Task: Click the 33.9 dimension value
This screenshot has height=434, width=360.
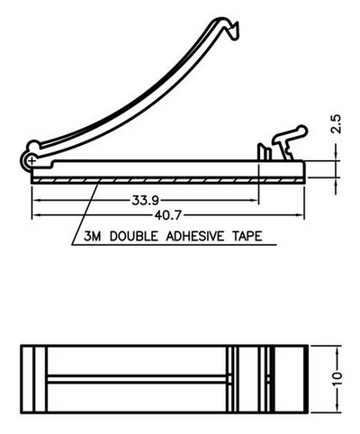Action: [x=146, y=200]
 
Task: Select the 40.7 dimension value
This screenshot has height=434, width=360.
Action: [x=168, y=215]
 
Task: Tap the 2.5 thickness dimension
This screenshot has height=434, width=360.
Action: [x=337, y=123]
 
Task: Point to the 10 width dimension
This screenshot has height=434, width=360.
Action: [x=337, y=379]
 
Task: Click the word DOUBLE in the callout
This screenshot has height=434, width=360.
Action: [x=133, y=236]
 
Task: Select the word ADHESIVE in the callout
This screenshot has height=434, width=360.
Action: [x=195, y=236]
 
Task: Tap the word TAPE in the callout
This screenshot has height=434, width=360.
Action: [x=247, y=236]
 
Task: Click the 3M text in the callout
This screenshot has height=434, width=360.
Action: [x=92, y=236]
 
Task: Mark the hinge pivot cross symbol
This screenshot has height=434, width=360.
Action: [x=31, y=161]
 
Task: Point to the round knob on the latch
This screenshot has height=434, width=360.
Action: [x=301, y=131]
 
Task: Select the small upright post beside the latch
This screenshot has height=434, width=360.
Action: [x=265, y=152]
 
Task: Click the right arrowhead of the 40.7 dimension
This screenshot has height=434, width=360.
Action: [x=301, y=215]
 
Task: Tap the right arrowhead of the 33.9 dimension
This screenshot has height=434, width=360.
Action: [x=255, y=200]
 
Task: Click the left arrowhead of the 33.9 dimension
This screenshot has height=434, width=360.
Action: [x=36, y=200]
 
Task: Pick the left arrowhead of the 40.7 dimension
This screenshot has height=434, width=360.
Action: [x=36, y=215]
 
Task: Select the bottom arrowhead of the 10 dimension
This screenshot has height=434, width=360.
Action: [x=337, y=409]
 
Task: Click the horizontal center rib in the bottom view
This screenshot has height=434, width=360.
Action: [x=137, y=379]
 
